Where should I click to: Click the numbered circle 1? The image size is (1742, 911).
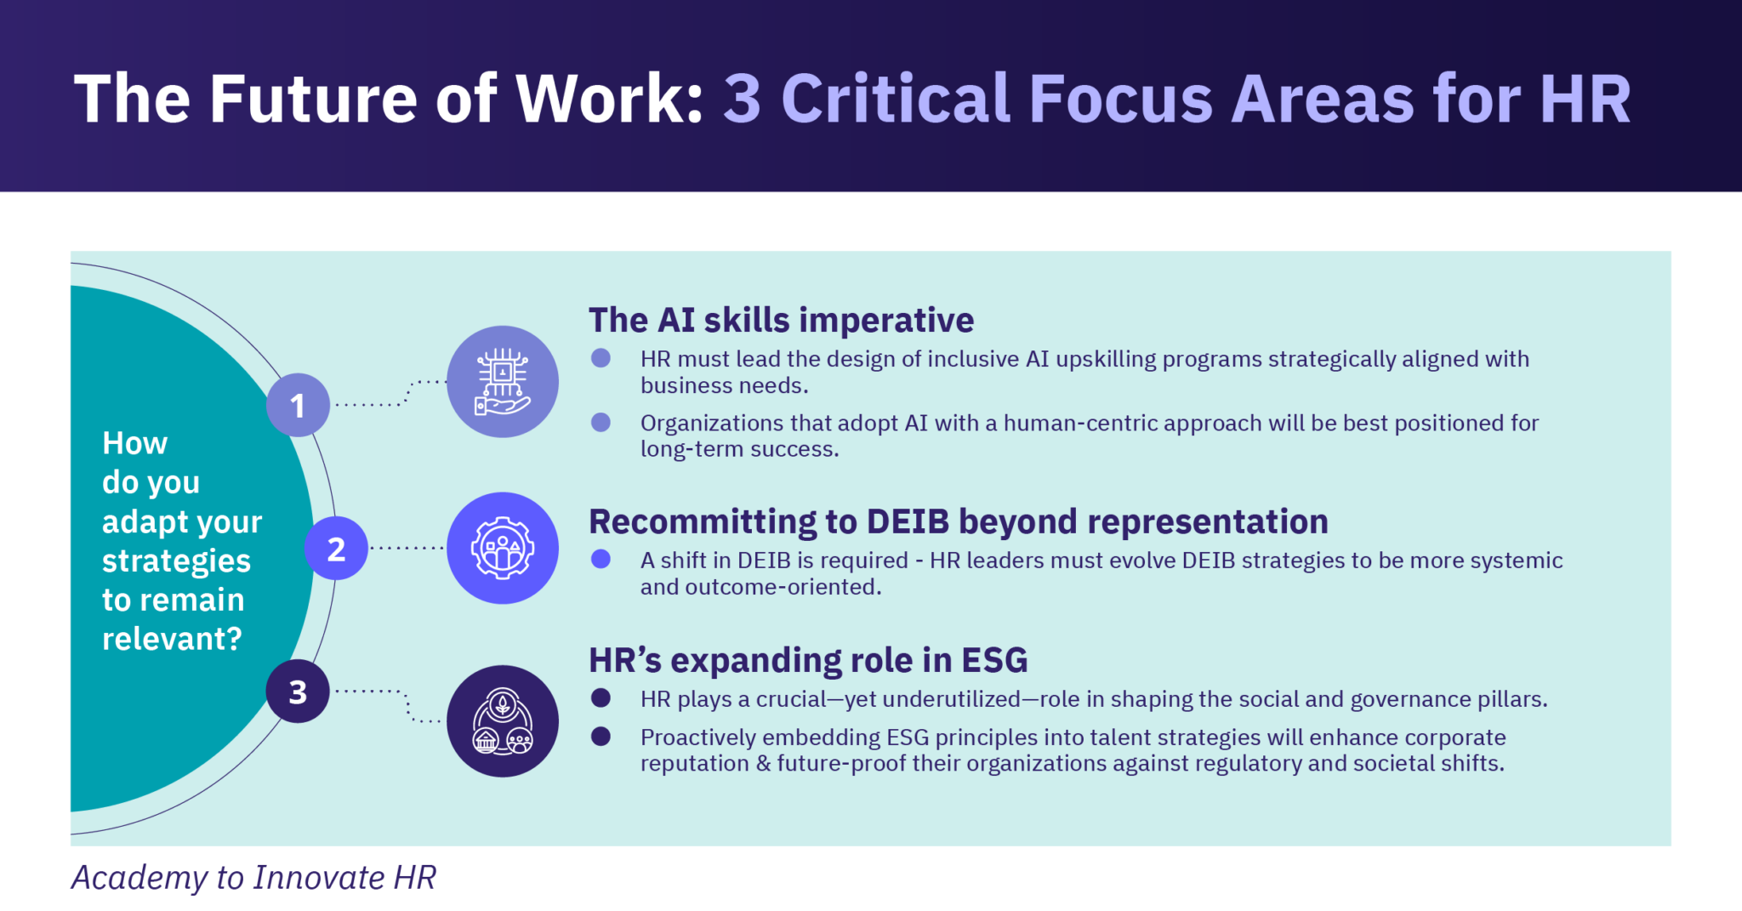pos(298,405)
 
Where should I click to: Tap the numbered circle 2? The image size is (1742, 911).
pos(336,549)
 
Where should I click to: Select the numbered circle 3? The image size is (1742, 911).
pos(298,692)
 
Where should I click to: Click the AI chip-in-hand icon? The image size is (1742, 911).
pos(503,382)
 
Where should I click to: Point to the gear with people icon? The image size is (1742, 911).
pos(503,549)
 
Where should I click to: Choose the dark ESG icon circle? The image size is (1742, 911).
pos(503,721)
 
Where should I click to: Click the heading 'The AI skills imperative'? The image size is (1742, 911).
pos(781,321)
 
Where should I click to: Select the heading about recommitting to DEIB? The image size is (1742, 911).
pos(959,521)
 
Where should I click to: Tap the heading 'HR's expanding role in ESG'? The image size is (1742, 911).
pos(808,660)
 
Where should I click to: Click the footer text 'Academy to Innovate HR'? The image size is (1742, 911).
pos(253,878)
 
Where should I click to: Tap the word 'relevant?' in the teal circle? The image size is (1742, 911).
pos(172,639)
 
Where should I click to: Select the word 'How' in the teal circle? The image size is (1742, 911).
pos(134,443)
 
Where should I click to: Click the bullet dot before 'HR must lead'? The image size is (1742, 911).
pos(601,358)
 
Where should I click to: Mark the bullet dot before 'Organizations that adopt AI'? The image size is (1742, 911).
pos(601,423)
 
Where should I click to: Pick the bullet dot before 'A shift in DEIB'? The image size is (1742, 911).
pos(601,559)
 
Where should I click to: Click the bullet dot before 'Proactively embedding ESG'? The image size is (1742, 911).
pos(601,737)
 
